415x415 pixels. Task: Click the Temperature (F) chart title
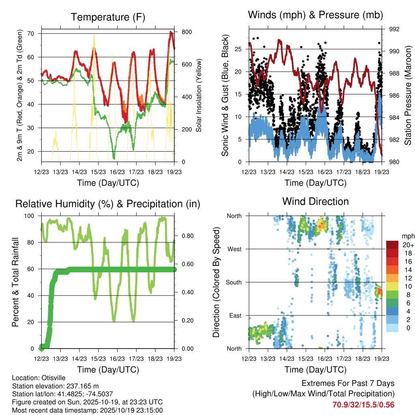(108, 17)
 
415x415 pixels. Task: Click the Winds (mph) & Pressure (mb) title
(315, 15)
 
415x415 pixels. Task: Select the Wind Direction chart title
(315, 201)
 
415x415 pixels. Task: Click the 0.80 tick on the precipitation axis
(185, 236)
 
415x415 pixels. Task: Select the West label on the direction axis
(234, 249)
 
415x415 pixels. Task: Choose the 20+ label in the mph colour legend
(407, 245)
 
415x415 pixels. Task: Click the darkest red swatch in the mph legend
(392, 245)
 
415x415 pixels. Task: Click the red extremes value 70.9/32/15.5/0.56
(363, 405)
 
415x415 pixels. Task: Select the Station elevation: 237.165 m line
(56, 386)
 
